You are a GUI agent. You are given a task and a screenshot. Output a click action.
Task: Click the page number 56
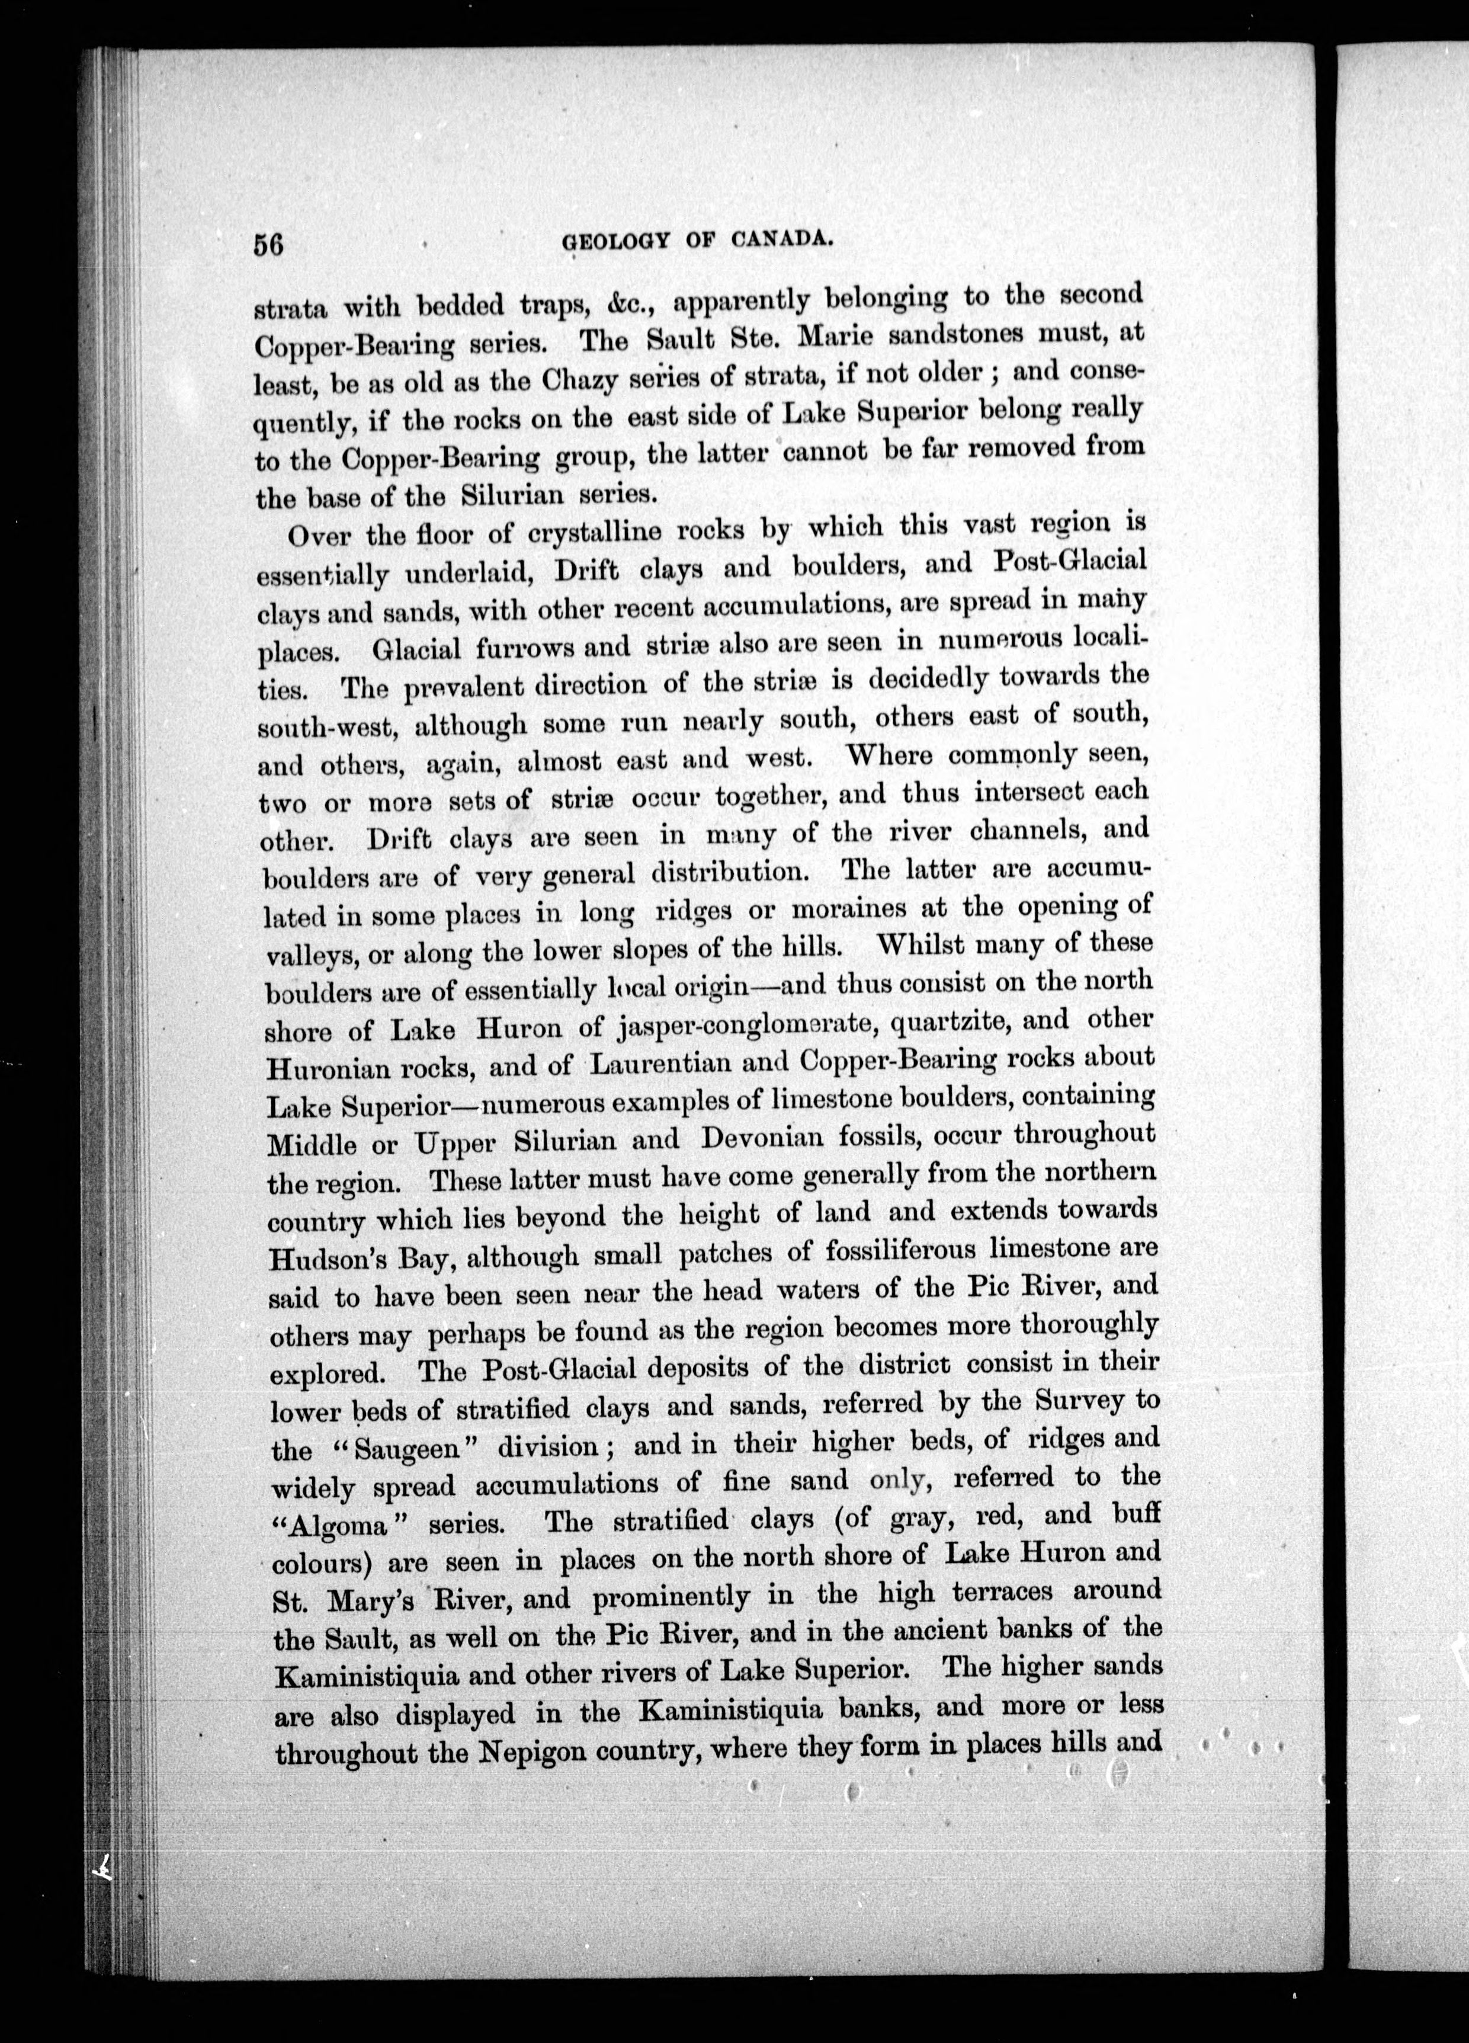(x=268, y=246)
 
